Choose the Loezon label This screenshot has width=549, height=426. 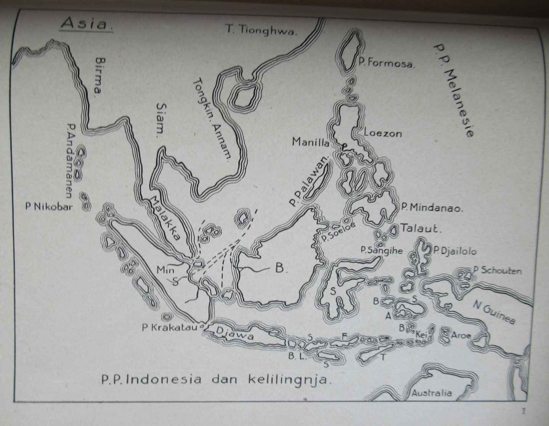(x=383, y=133)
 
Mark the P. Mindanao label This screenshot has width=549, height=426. (x=432, y=208)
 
